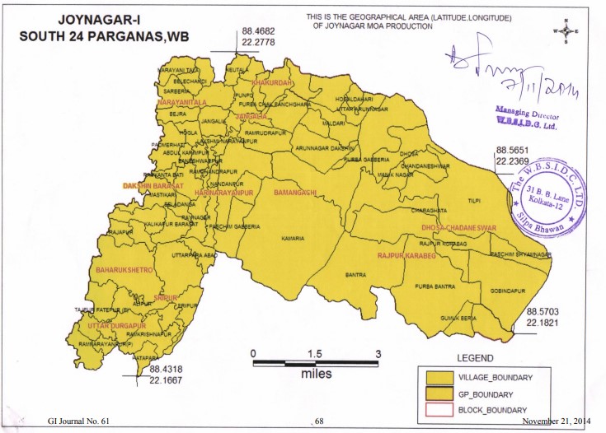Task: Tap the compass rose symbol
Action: point(566,30)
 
